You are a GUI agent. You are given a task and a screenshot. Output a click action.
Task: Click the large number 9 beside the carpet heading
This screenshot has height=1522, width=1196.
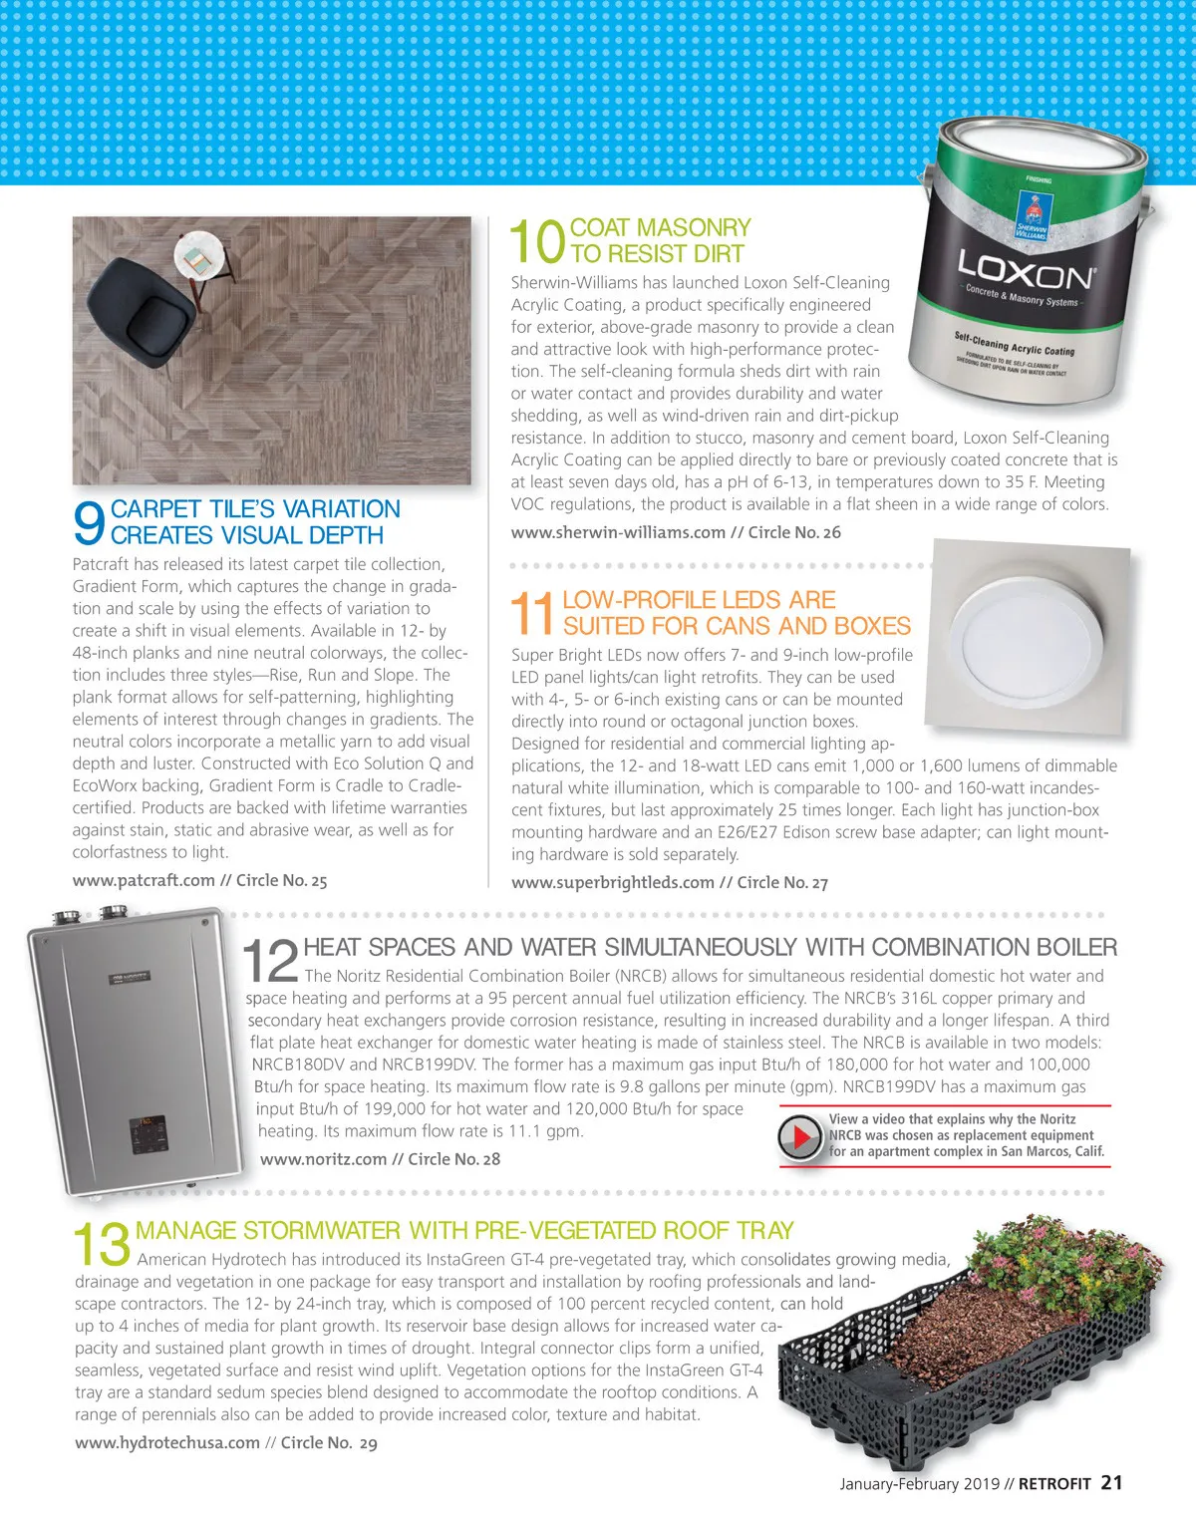coord(89,522)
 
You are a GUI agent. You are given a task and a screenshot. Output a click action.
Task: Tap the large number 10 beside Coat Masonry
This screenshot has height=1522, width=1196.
coord(537,241)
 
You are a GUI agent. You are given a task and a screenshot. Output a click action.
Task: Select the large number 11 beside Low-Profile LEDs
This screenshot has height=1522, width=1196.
coord(532,613)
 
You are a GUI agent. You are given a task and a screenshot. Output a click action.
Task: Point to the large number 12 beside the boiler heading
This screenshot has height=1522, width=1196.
coord(270,961)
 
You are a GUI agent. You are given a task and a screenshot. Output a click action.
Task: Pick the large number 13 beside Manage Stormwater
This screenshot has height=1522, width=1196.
coord(102,1245)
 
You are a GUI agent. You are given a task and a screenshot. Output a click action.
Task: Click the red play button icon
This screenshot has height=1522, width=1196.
coord(799,1137)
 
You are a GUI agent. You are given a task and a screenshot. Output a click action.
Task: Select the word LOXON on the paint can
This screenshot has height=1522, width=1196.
coord(1025,270)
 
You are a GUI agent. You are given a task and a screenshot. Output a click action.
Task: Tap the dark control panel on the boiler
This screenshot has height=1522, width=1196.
coord(149,1134)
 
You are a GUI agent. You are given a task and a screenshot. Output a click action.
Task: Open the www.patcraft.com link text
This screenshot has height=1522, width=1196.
coord(144,881)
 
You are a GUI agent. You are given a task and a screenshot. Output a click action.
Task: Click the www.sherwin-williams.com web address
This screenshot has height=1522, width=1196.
coord(618,532)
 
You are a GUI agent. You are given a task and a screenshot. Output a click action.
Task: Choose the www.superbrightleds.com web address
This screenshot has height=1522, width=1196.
coord(613,883)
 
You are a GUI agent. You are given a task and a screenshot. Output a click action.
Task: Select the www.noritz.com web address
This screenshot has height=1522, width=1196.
coord(323,1159)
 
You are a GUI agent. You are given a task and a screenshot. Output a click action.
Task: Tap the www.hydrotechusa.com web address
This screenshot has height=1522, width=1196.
coord(166,1442)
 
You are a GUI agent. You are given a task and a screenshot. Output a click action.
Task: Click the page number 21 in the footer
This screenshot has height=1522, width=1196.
coord(1111,1483)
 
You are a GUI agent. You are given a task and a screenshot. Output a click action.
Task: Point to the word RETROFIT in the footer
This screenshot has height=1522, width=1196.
coord(1054,1484)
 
